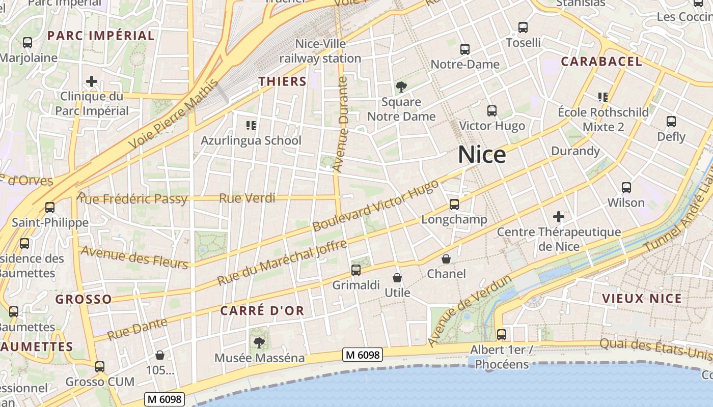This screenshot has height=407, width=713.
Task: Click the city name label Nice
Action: click(x=482, y=155)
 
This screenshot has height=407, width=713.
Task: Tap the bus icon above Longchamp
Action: click(x=454, y=205)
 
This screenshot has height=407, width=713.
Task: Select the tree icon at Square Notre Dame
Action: click(x=401, y=87)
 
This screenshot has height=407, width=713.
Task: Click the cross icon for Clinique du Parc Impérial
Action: click(x=92, y=81)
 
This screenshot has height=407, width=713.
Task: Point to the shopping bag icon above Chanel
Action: click(x=446, y=259)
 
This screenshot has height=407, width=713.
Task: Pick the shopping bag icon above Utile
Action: click(x=397, y=278)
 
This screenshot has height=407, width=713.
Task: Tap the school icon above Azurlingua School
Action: click(x=251, y=125)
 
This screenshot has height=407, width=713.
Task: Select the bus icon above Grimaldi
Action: click(x=356, y=270)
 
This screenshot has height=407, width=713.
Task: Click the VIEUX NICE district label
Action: click(x=642, y=299)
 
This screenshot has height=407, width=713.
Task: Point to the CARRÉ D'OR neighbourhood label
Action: click(x=262, y=310)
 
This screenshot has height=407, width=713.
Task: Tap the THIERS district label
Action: click(x=282, y=81)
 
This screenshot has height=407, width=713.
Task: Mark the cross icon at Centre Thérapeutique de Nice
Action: click(x=559, y=217)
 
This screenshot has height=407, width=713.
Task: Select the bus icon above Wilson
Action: click(x=626, y=188)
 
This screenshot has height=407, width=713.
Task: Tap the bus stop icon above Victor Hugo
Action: click(x=491, y=111)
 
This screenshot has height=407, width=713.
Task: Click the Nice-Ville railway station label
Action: click(x=320, y=51)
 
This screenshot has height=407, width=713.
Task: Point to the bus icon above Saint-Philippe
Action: click(x=50, y=208)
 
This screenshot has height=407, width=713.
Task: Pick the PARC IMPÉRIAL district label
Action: click(x=101, y=36)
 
